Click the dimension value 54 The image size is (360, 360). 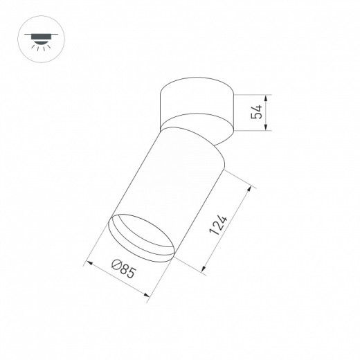pyautogui.click(x=257, y=112)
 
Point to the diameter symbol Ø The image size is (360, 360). pyautogui.click(x=117, y=267)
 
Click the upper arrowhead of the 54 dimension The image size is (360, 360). pyautogui.click(x=267, y=96)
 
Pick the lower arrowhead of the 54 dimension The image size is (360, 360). pyautogui.click(x=267, y=129)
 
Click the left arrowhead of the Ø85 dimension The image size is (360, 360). pyautogui.click(x=87, y=263)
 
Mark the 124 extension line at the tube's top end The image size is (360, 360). pyautogui.click(x=235, y=177)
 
